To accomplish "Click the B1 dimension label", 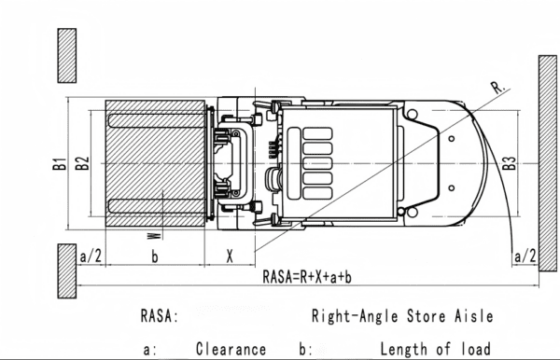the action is pos(60,163).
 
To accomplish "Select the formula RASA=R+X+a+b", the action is pos(307,276).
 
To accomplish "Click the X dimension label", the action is pos(230,256).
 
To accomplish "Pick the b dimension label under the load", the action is pos(154,256).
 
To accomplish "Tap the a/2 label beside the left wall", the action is pos(91,256).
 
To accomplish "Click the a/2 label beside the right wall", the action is pos(525,256).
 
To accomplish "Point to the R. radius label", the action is pos(497,88).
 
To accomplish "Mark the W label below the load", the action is pos(154,236).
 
